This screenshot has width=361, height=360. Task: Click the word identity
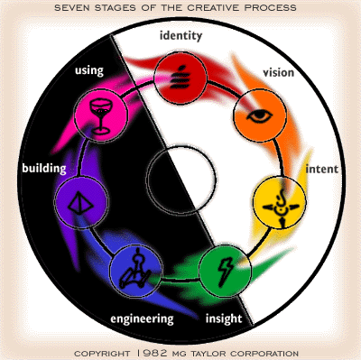tap(180, 36)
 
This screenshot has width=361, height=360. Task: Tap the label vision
tap(278, 72)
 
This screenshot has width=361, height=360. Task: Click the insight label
tap(224, 319)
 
